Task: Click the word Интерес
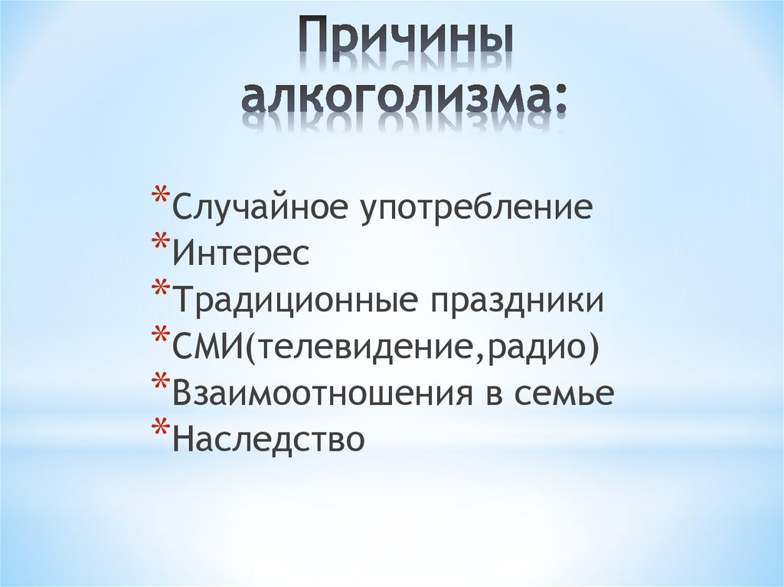[x=241, y=254]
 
